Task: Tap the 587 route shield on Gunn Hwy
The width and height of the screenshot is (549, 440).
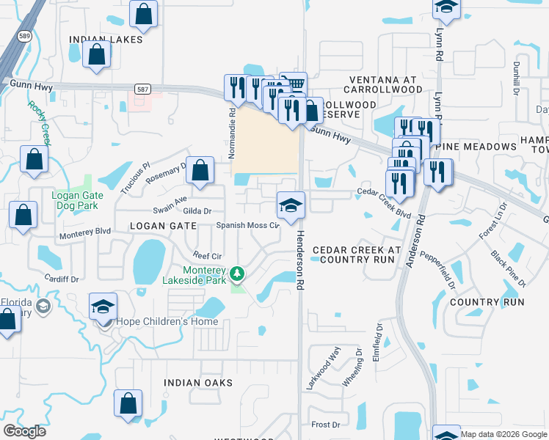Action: (141, 89)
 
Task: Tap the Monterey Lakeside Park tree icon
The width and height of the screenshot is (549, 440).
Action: (236, 274)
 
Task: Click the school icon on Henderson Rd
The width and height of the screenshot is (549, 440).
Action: (291, 205)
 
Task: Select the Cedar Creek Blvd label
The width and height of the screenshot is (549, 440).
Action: (384, 203)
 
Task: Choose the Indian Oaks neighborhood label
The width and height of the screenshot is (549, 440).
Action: (198, 383)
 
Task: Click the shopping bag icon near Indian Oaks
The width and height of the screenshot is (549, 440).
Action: (128, 403)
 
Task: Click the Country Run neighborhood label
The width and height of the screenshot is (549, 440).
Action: (487, 302)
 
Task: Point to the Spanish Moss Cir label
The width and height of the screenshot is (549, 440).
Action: (247, 225)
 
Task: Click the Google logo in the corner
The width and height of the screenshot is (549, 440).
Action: (24, 431)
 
